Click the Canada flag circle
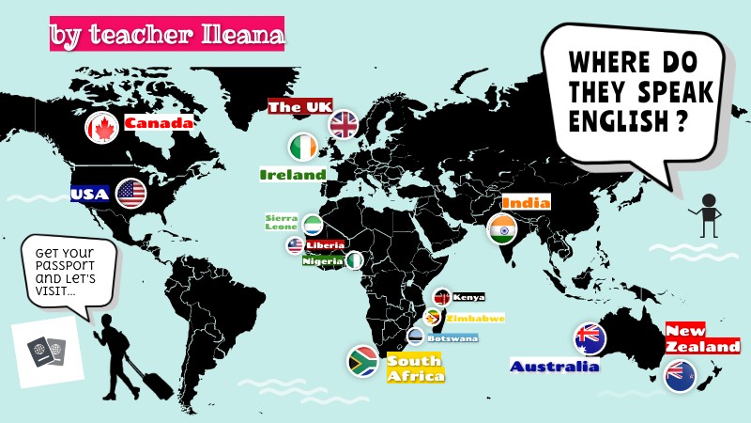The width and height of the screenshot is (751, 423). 100,128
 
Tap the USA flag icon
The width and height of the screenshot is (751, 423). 131,194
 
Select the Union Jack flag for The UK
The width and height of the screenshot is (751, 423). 343,124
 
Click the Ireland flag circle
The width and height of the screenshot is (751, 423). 302,147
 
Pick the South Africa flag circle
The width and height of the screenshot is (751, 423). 363,361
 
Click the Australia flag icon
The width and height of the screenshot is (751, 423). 590,338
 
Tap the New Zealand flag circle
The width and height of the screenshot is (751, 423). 679,375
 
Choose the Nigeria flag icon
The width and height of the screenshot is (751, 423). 357,260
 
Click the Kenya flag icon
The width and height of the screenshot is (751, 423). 441,297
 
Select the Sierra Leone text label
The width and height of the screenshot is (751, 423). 281,222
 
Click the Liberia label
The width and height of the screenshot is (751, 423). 325,245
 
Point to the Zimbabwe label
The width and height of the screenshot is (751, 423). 475,318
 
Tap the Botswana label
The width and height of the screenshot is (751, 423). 452,338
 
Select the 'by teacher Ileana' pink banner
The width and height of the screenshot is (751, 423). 166,36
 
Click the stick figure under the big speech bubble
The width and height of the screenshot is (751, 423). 709,215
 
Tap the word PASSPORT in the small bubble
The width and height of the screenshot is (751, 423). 69,266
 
